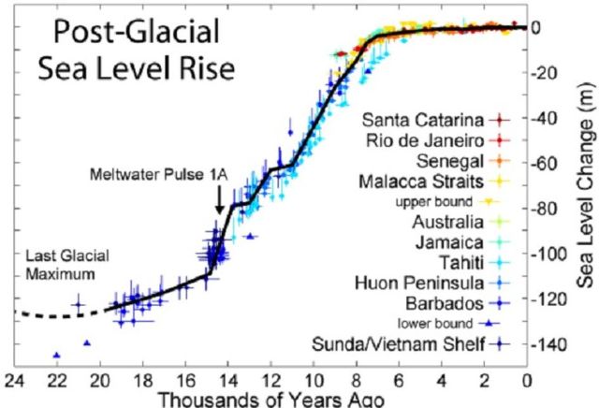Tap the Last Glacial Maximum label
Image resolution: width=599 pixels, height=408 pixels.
tap(56, 266)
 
